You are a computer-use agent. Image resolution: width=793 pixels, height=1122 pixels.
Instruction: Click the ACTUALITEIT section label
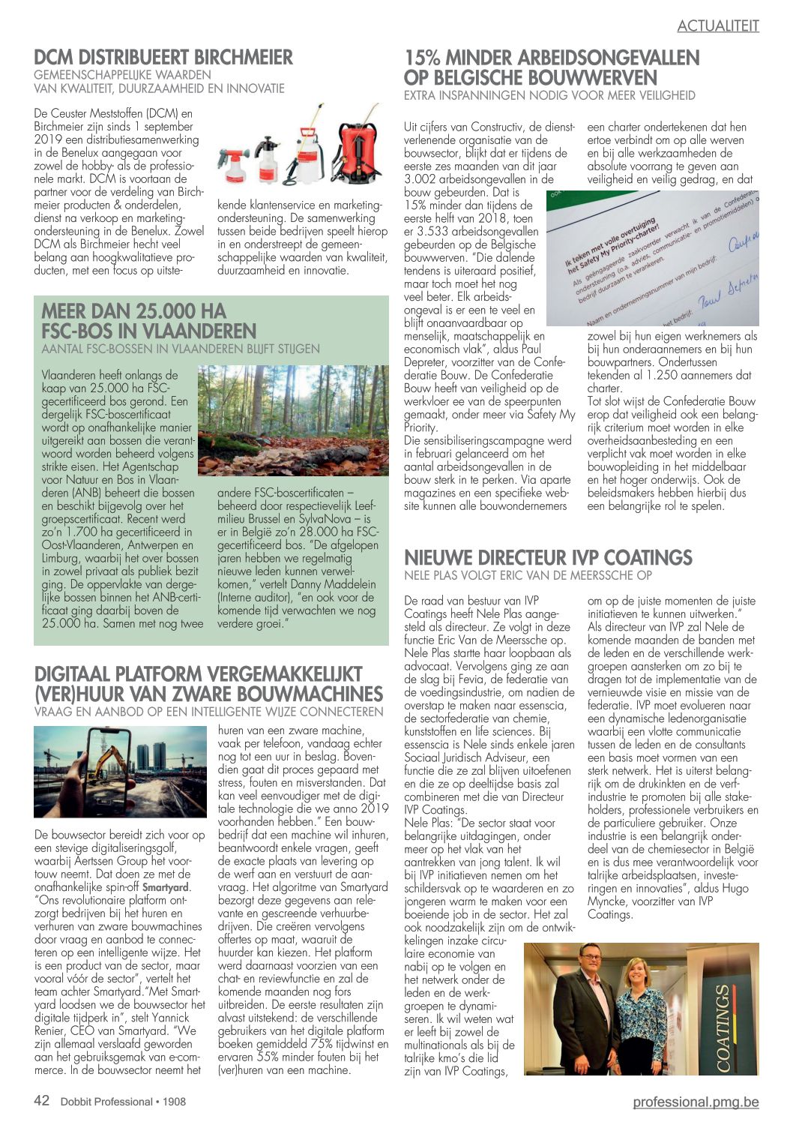(717, 25)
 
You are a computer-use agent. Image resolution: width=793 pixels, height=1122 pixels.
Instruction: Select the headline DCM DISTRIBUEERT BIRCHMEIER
(163, 57)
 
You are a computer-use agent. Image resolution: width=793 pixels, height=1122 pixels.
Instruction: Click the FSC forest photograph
(293, 421)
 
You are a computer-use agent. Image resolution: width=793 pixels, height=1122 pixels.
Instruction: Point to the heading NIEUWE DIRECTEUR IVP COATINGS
(548, 558)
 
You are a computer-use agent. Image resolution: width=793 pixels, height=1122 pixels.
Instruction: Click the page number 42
(42, 1100)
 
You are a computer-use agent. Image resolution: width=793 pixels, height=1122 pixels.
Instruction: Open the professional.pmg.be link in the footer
(695, 1101)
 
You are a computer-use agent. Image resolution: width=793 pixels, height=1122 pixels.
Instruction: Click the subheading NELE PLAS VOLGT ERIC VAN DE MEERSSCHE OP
(528, 575)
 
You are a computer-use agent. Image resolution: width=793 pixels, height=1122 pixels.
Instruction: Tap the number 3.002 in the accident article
(426, 179)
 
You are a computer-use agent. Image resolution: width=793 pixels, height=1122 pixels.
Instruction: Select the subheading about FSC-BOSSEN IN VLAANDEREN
(180, 349)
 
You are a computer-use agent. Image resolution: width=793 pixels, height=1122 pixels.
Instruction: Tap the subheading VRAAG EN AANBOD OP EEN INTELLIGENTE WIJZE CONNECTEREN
(208, 711)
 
